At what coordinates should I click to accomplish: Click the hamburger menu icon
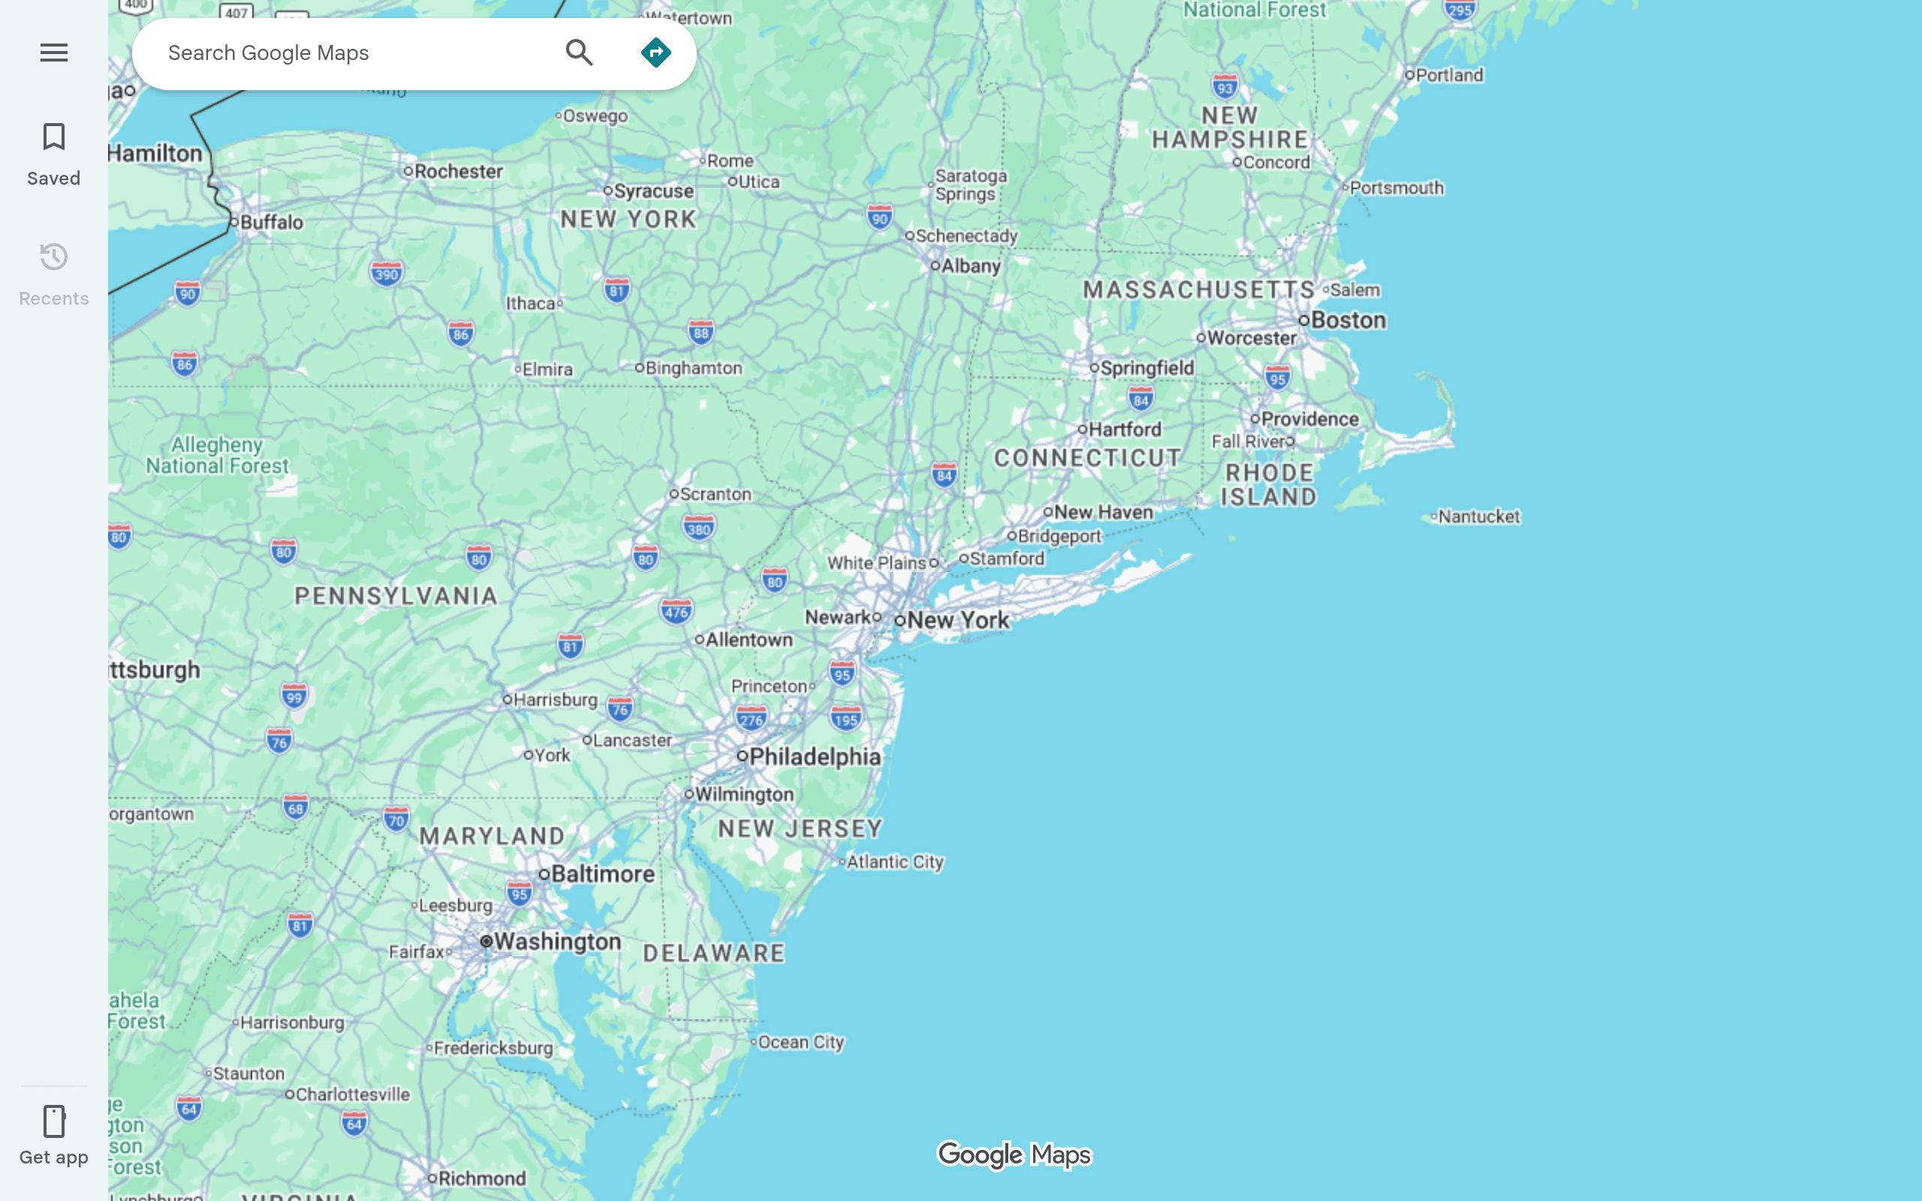pyautogui.click(x=54, y=53)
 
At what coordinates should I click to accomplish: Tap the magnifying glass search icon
pyautogui.click(x=579, y=53)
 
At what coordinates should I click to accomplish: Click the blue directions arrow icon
pyautogui.click(x=655, y=53)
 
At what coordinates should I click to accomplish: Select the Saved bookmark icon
pyautogui.click(x=54, y=137)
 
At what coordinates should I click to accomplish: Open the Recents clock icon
pyautogui.click(x=54, y=257)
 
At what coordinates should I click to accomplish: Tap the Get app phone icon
pyautogui.click(x=54, y=1121)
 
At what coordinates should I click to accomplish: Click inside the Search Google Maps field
pyautogui.click(x=349, y=53)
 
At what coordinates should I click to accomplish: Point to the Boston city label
pyautogui.click(x=1348, y=320)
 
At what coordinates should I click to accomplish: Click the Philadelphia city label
pyautogui.click(x=814, y=756)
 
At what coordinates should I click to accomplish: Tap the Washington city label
pyautogui.click(x=557, y=941)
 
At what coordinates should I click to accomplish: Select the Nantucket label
pyautogui.click(x=1478, y=516)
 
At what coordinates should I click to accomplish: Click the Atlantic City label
pyautogui.click(x=894, y=862)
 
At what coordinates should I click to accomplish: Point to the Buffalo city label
pyautogui.click(x=271, y=222)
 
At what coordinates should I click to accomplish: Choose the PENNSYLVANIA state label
pyautogui.click(x=396, y=596)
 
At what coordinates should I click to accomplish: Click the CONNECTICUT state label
pyautogui.click(x=1087, y=458)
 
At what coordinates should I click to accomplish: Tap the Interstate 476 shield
pyautogui.click(x=676, y=612)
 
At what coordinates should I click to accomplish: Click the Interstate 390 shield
pyautogui.click(x=387, y=275)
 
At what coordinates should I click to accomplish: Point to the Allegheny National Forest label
pyautogui.click(x=217, y=455)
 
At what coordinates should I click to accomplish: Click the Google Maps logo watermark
pyautogui.click(x=1014, y=1154)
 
